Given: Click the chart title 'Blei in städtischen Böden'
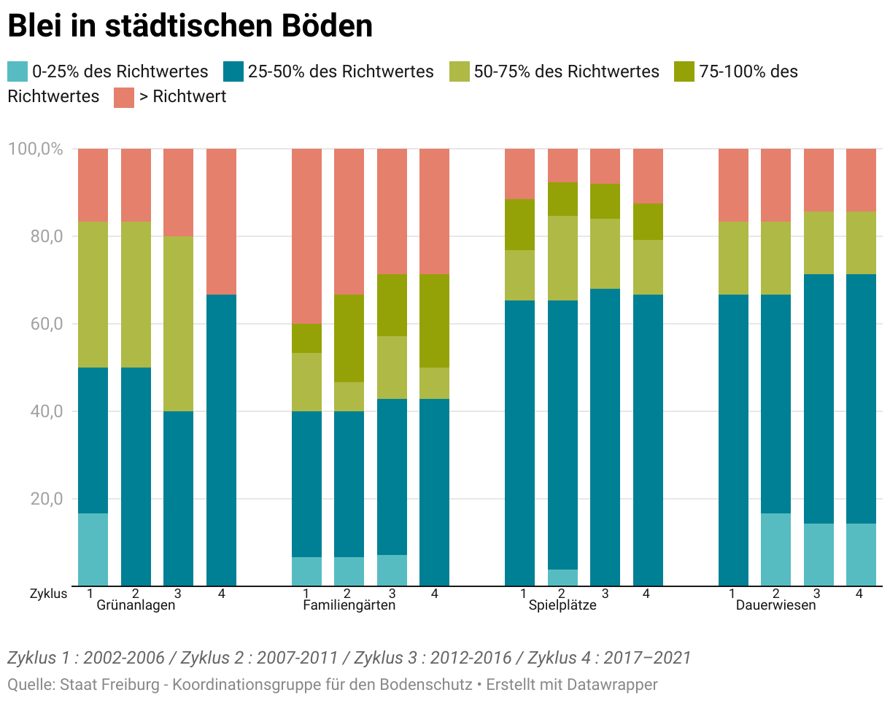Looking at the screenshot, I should (190, 27).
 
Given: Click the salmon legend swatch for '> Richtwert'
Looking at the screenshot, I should (124, 97).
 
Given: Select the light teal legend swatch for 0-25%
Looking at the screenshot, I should (18, 71).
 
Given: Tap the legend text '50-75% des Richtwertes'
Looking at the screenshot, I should (566, 71).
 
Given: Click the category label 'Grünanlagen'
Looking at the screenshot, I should (136, 605).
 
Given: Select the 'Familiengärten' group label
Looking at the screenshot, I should (349, 605).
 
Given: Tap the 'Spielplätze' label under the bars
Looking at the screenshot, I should (562, 605).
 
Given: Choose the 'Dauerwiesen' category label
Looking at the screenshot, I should (775, 605).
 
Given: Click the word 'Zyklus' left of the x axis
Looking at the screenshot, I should (48, 594).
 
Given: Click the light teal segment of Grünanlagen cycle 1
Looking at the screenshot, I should (93, 549).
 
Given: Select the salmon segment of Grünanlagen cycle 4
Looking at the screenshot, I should (221, 221).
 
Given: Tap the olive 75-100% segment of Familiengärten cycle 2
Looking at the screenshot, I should (349, 338).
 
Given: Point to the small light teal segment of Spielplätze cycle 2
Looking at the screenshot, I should (562, 578).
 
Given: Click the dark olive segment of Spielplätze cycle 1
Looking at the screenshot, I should (520, 225).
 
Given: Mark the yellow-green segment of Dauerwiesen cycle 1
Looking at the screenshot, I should (733, 257).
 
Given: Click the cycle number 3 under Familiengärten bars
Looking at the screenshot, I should (392, 594).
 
